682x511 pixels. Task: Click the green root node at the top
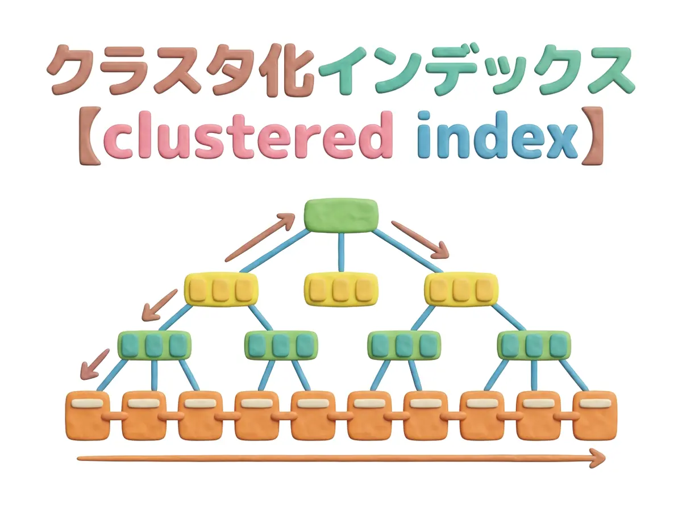[x=341, y=215]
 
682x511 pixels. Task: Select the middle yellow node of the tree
[x=341, y=289]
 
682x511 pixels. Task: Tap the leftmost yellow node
[x=221, y=289]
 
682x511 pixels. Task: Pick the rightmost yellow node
[x=461, y=289]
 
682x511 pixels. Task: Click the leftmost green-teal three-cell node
[x=155, y=345]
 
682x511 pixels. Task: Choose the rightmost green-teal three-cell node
[x=534, y=345]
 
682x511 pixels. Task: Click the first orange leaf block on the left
[x=88, y=416]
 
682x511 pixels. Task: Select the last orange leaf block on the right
[x=594, y=416]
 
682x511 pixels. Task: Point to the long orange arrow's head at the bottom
[x=598, y=458]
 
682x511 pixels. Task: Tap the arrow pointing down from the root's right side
[x=420, y=239]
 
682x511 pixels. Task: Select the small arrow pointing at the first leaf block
[x=94, y=365]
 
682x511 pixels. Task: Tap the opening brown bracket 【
[x=90, y=136]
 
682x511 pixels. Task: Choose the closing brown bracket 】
[x=592, y=136]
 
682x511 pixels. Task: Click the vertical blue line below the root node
[x=341, y=252]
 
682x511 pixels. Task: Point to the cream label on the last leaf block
[x=595, y=403]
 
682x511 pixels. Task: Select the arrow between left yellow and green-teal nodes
[x=159, y=305]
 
